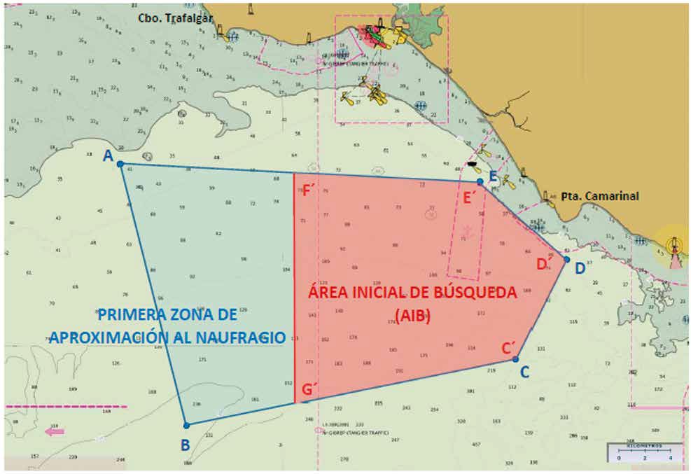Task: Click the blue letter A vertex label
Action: point(108,157)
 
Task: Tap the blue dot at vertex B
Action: point(186,425)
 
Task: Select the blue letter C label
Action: point(524,371)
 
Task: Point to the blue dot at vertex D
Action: point(567,259)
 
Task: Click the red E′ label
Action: point(470,197)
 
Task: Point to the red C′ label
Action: point(509,348)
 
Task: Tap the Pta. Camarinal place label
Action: point(599,197)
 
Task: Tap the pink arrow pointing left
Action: point(55,431)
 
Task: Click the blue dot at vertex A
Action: point(120,164)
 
